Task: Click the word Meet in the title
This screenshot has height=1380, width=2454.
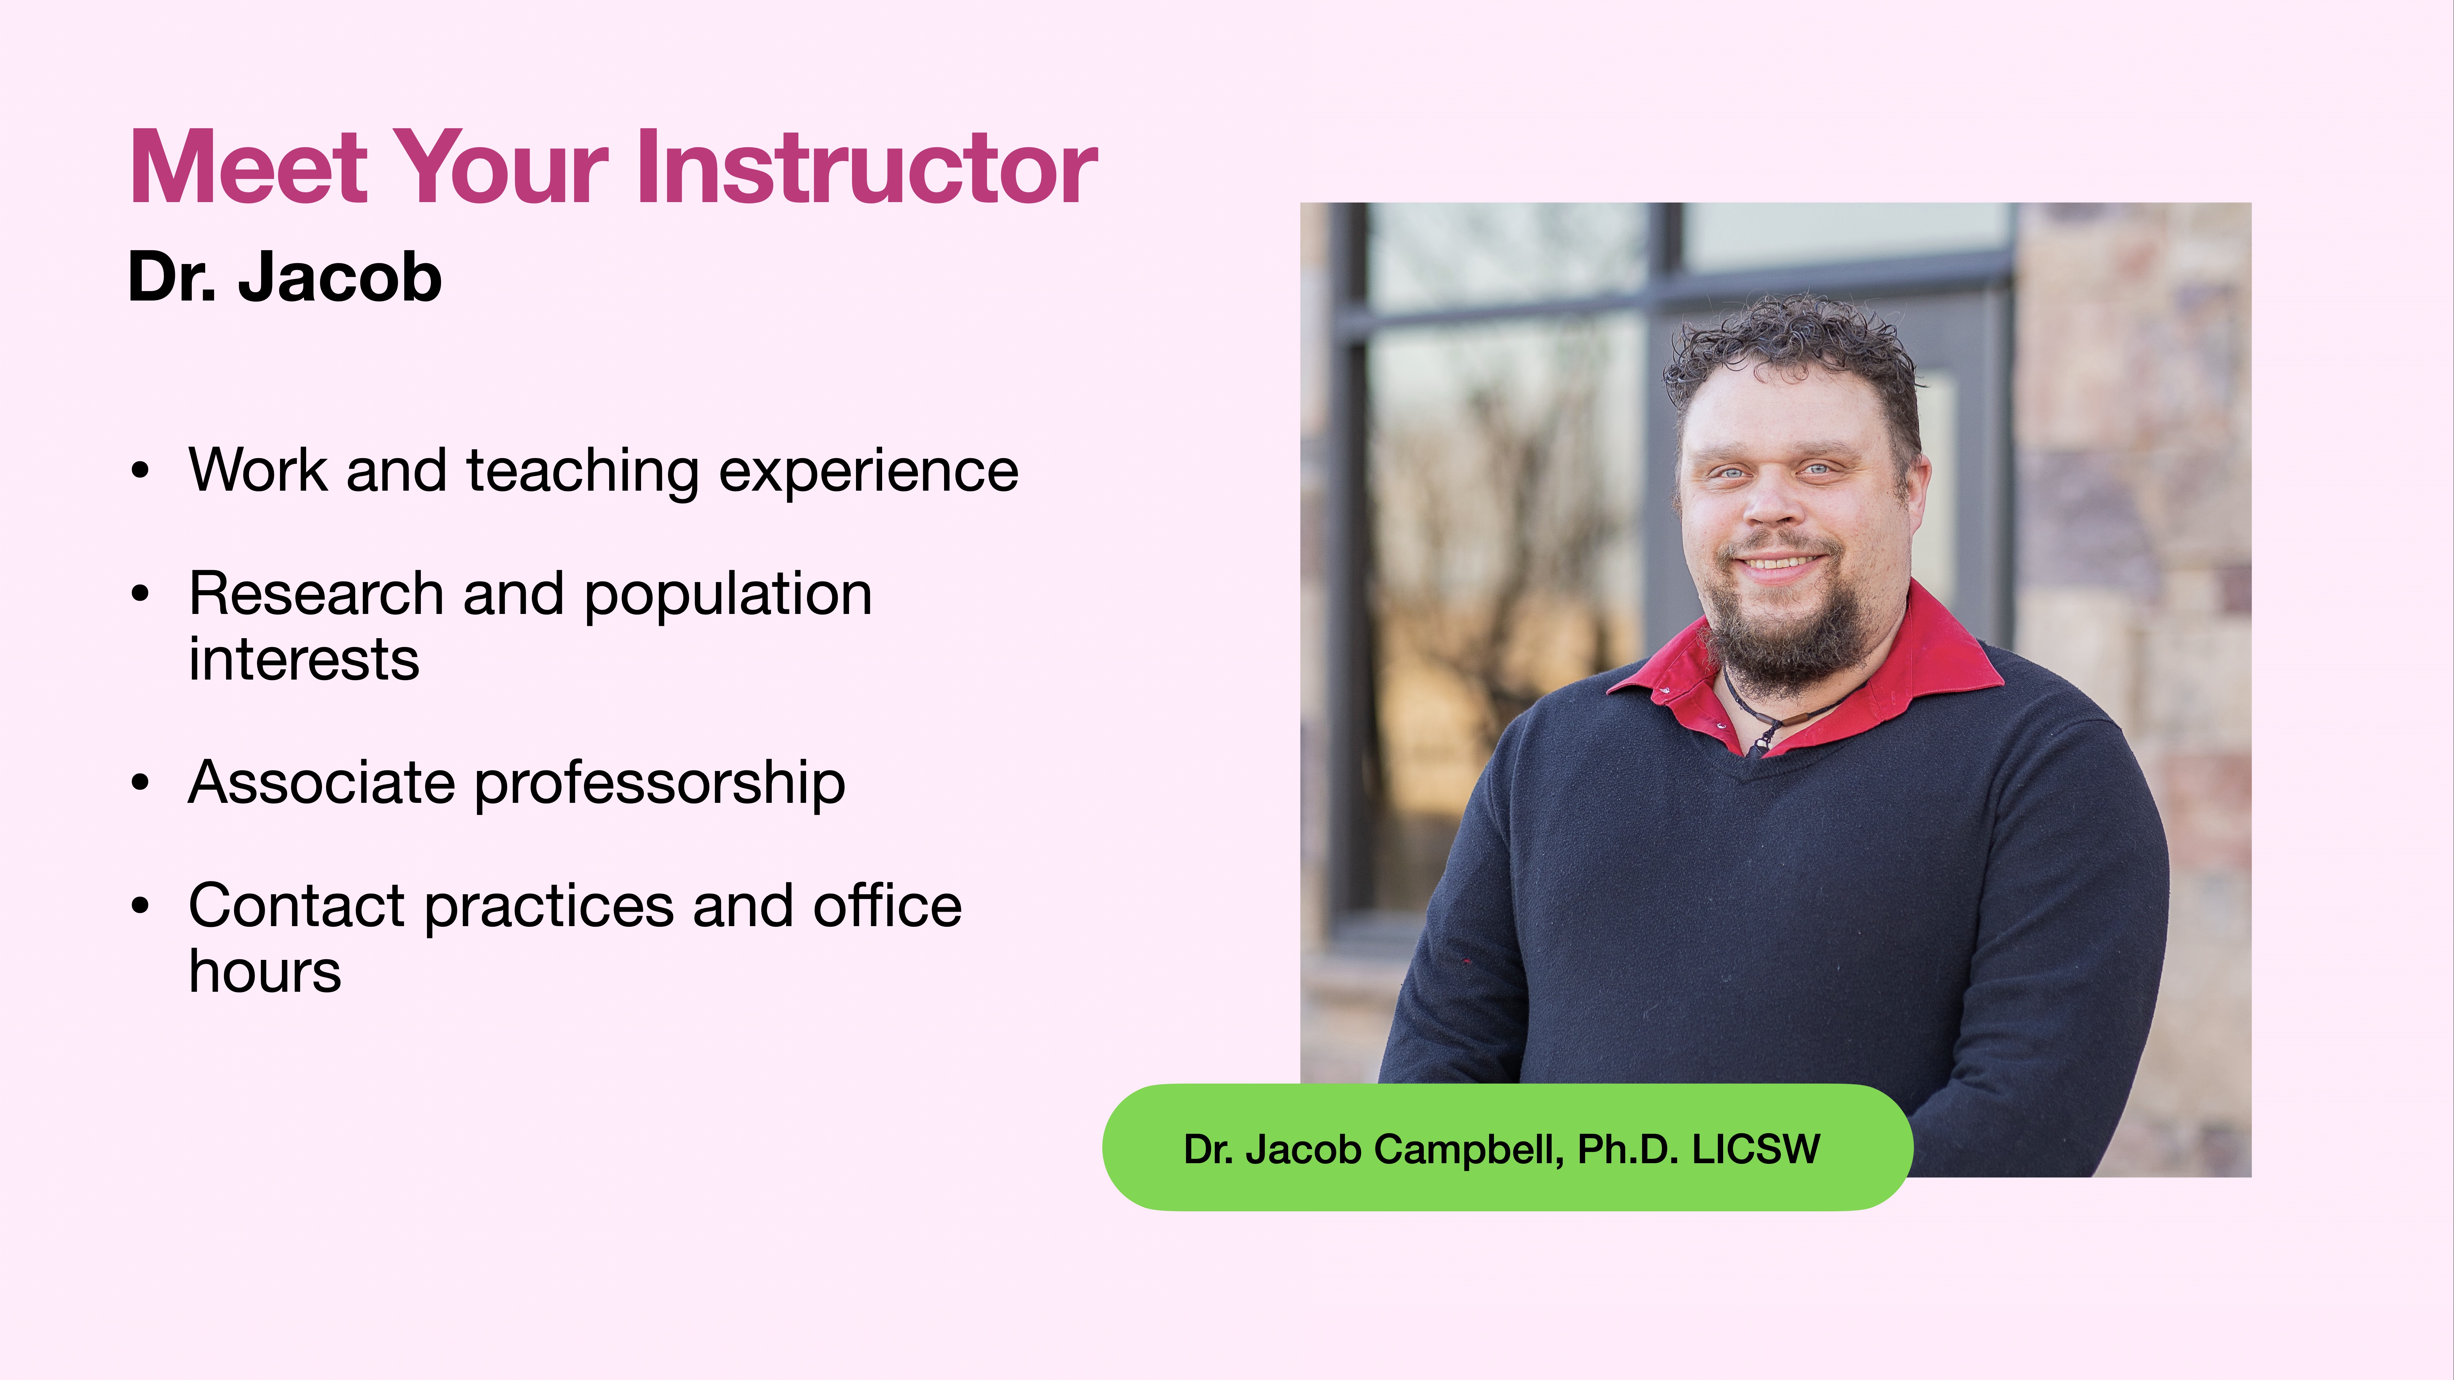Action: coord(248,169)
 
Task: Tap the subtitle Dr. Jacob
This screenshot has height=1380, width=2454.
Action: coord(284,278)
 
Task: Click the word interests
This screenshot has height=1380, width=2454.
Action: coord(303,660)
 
